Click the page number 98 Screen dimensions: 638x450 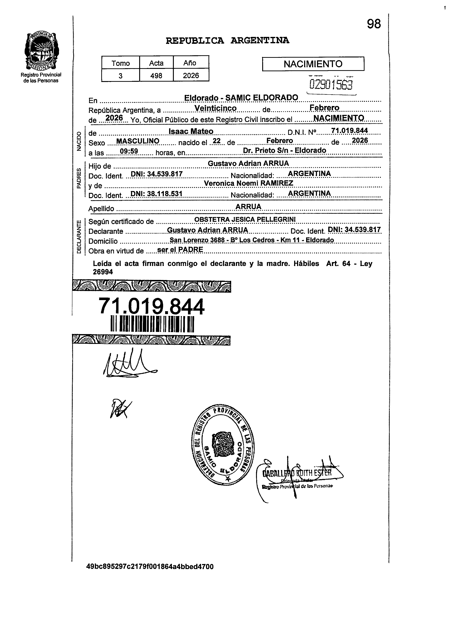click(374, 24)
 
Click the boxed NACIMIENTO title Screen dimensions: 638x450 click(313, 64)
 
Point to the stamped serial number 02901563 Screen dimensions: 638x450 click(331, 85)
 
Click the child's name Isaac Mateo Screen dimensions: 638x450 click(191, 131)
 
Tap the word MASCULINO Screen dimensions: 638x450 click(138, 141)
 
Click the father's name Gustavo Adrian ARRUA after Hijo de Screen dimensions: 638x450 click(248, 163)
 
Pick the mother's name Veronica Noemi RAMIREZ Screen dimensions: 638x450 click(248, 183)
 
